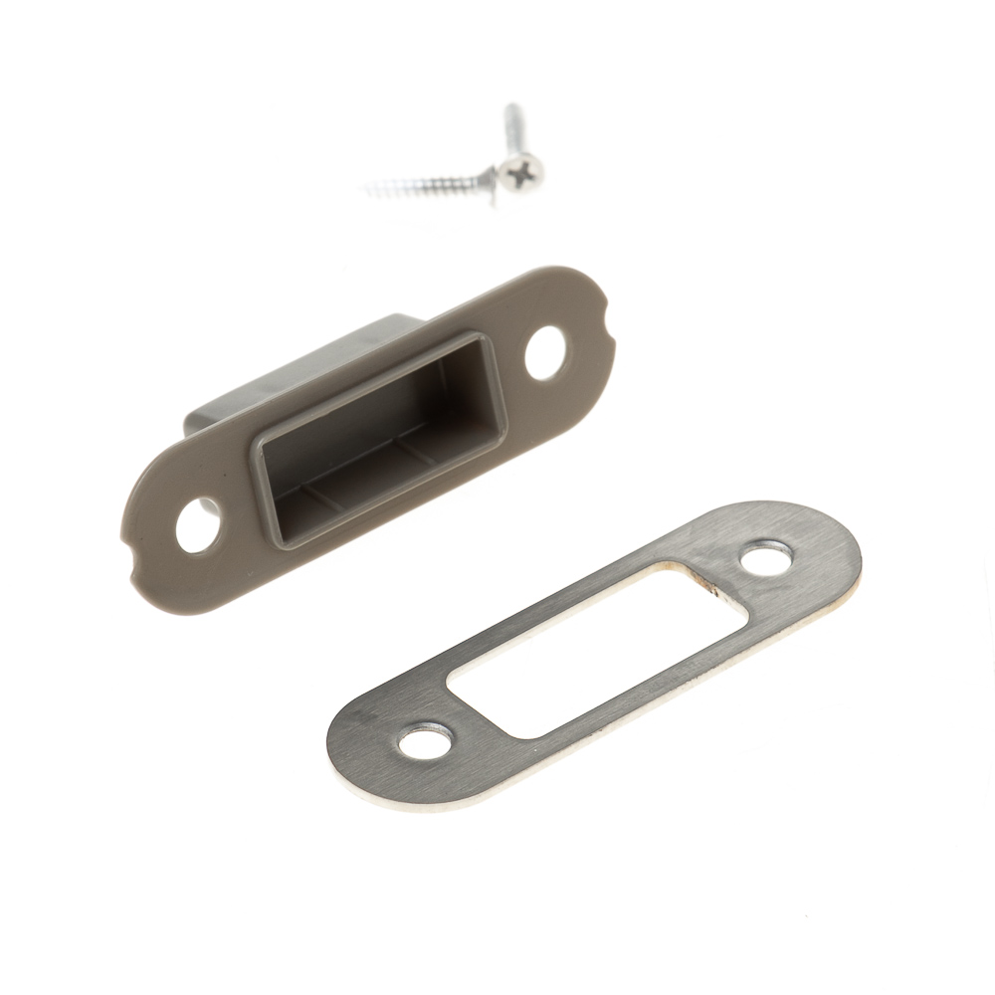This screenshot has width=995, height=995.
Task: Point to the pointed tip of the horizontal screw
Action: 367,187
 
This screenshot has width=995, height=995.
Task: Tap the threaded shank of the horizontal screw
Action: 423,183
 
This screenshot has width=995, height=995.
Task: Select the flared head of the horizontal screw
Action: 487,176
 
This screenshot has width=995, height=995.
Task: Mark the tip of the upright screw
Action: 509,105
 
